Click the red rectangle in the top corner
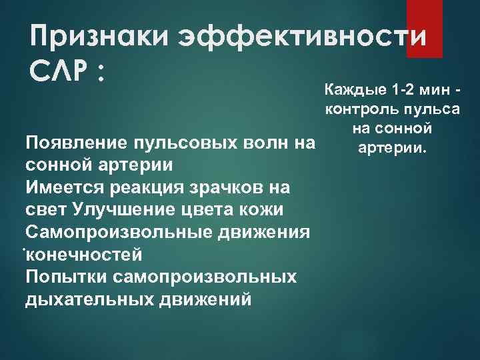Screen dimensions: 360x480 point(424,19)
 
